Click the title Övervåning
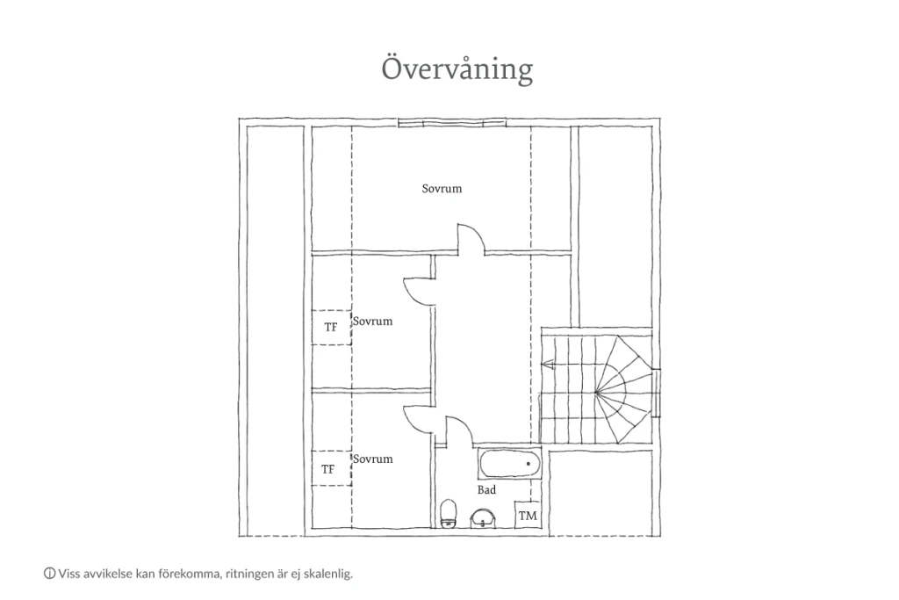coord(457,69)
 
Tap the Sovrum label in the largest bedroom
coord(442,189)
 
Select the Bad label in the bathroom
coord(486,490)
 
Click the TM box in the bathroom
coord(528,515)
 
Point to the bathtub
coord(509,464)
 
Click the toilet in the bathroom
coord(448,513)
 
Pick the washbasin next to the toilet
coord(484,518)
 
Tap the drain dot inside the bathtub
coord(528,464)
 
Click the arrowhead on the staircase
coord(546,364)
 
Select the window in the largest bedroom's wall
coord(452,122)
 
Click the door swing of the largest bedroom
coord(471,238)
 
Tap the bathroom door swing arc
coord(458,430)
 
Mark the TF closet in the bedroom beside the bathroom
coord(331,468)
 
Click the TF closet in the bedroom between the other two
coord(331,327)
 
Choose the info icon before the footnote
coord(49,573)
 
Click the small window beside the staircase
coord(658,393)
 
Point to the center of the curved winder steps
coord(596,393)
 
